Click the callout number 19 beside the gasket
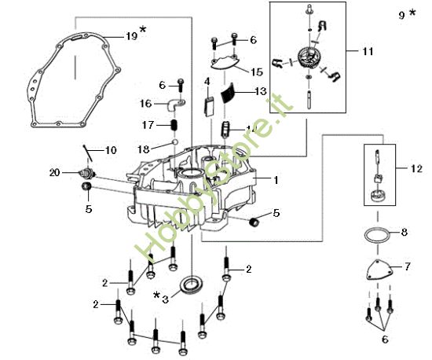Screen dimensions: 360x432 coord(131,35)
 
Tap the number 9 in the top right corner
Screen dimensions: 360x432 coord(402,14)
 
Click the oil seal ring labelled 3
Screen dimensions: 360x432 coord(191,284)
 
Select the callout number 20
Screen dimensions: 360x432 coord(53,172)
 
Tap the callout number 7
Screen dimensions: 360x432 coord(406,266)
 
